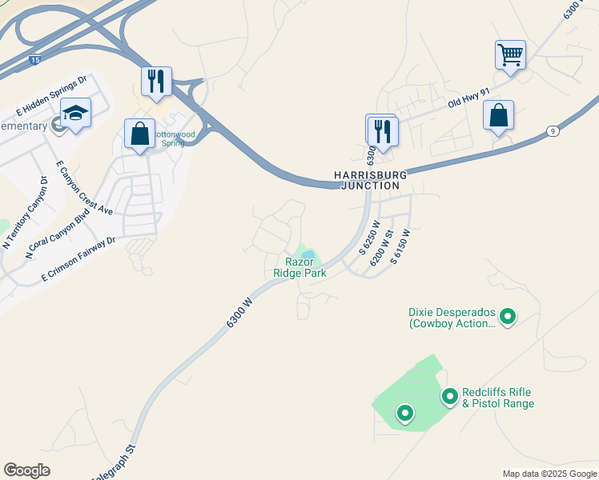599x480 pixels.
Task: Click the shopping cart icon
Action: (x=510, y=56)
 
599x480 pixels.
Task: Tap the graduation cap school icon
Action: (x=75, y=114)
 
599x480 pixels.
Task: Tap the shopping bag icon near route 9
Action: (x=498, y=115)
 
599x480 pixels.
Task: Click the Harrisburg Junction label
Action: (x=370, y=180)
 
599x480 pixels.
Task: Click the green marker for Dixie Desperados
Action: (x=507, y=318)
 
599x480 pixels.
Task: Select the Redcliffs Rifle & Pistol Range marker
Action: (x=450, y=395)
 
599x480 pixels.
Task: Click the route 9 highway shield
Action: (x=552, y=130)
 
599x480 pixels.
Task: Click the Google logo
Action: (x=26, y=470)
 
